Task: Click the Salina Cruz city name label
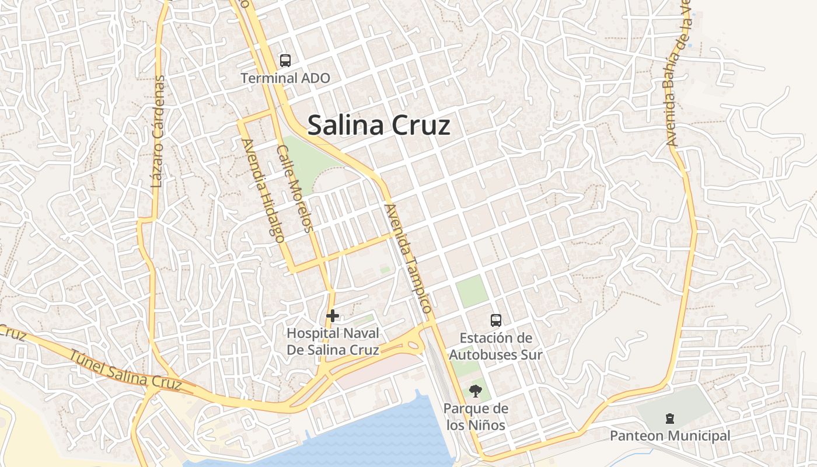[379, 126]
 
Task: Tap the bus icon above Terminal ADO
[285, 60]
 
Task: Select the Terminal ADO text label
[285, 78]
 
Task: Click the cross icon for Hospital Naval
[333, 316]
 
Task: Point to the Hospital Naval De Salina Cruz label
[333, 341]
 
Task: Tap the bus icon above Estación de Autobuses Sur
[495, 320]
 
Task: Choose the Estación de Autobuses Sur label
[495, 346]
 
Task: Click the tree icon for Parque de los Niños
[476, 391]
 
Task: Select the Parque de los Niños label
[476, 417]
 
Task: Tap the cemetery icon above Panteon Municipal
[669, 418]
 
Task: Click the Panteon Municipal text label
[670, 435]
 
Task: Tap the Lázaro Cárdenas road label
[158, 131]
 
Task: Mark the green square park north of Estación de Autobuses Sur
[472, 291]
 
